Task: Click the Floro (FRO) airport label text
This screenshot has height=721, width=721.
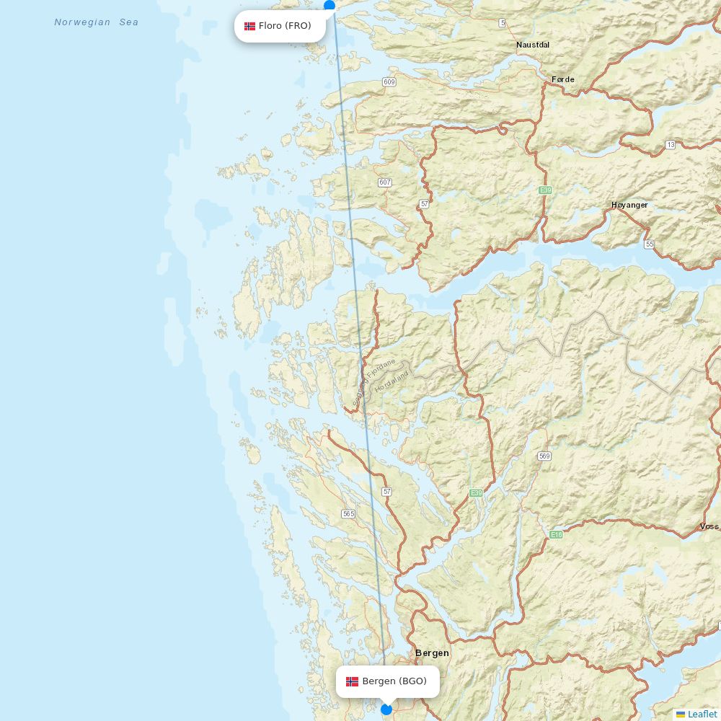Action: pyautogui.click(x=285, y=26)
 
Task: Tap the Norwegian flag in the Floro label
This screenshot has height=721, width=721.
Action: pyautogui.click(x=249, y=27)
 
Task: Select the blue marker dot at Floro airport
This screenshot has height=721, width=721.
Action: pyautogui.click(x=329, y=5)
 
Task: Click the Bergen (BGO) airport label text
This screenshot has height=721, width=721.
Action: pyautogui.click(x=394, y=681)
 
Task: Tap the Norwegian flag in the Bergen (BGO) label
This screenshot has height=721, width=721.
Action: pyautogui.click(x=352, y=681)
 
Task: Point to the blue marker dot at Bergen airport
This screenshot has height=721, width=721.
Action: pyautogui.click(x=386, y=709)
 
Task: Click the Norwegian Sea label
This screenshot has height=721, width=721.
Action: pyautogui.click(x=97, y=22)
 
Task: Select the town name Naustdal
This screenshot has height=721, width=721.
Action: pyautogui.click(x=533, y=45)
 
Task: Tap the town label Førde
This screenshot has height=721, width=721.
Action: pyautogui.click(x=562, y=79)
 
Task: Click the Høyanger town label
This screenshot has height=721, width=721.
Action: pyautogui.click(x=629, y=205)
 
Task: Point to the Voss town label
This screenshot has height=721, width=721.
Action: pyautogui.click(x=709, y=526)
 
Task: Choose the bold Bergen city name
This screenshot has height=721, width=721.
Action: pyautogui.click(x=432, y=653)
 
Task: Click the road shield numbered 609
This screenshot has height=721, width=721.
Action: pyautogui.click(x=389, y=82)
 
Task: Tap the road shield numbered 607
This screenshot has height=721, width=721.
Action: pyautogui.click(x=384, y=182)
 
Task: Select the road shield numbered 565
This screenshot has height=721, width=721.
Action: pyautogui.click(x=348, y=514)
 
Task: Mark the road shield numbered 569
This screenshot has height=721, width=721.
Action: pyautogui.click(x=544, y=456)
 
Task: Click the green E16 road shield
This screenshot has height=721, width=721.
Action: pyautogui.click(x=556, y=534)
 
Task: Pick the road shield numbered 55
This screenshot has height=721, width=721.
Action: pyautogui.click(x=650, y=244)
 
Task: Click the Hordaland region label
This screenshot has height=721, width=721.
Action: pyautogui.click(x=392, y=381)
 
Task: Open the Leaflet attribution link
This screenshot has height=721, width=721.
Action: pyautogui.click(x=702, y=714)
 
